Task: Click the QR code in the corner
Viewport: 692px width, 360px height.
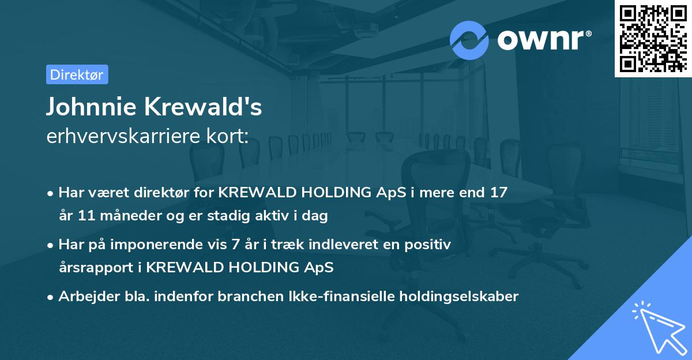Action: pyautogui.click(x=653, y=38)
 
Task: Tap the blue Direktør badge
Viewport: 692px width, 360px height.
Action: pyautogui.click(x=77, y=74)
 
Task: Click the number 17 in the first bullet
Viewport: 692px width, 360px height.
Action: pyautogui.click(x=499, y=193)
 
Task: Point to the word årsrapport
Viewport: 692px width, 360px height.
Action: pyautogui.click(x=96, y=268)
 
